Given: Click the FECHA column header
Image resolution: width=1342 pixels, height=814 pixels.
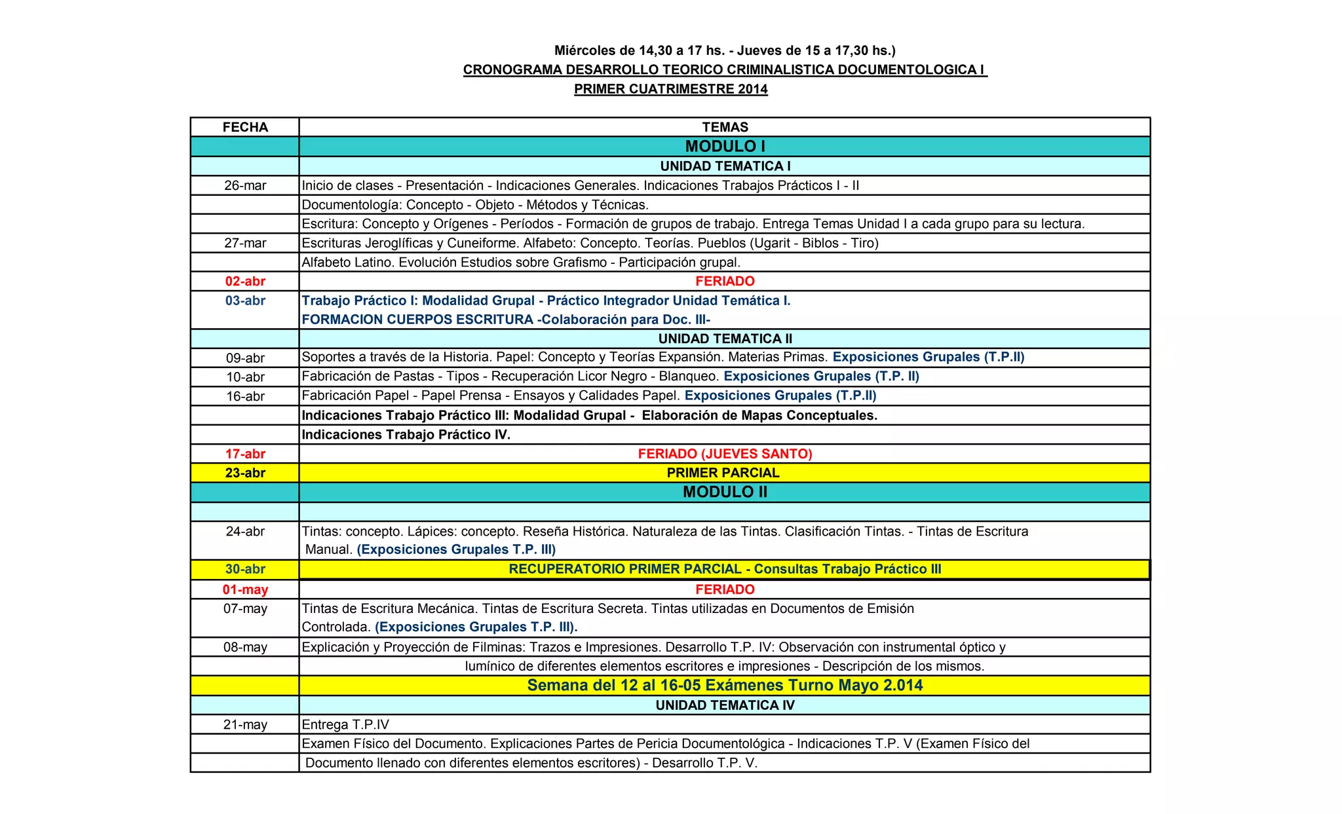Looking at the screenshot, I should [245, 127].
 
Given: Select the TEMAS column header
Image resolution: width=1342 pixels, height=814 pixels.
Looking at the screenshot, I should [725, 127].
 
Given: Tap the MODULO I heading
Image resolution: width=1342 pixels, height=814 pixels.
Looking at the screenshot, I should [725, 147].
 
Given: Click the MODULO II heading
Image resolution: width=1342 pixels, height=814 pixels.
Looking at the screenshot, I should [725, 492].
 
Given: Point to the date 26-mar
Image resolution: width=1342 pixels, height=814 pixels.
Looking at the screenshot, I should [245, 186].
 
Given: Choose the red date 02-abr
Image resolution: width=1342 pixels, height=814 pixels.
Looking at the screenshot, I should [245, 282].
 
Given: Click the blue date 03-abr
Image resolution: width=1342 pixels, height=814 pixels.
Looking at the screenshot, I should [245, 301].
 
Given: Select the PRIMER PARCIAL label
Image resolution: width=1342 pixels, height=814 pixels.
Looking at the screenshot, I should [723, 473].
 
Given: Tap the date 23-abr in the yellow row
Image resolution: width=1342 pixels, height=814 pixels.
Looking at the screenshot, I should [245, 473].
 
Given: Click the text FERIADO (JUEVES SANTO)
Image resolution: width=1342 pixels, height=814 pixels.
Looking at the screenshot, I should [725, 454].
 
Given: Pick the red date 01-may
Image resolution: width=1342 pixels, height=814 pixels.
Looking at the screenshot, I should [245, 589].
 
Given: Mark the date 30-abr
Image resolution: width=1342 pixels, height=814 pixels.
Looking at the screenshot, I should [245, 569].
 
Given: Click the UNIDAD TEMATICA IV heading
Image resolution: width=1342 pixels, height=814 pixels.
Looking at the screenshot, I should [725, 705].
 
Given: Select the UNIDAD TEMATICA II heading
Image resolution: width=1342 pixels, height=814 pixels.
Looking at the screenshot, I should [725, 339].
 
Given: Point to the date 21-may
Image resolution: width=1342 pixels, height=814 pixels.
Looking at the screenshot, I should [245, 725].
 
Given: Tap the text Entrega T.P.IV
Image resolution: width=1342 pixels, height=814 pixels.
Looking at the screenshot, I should [345, 725].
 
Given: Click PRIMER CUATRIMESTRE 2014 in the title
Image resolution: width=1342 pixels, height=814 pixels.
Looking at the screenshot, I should [670, 89].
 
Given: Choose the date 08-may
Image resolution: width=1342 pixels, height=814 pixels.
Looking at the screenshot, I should [245, 648].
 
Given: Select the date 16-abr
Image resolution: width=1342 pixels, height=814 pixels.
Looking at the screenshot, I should [245, 396].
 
